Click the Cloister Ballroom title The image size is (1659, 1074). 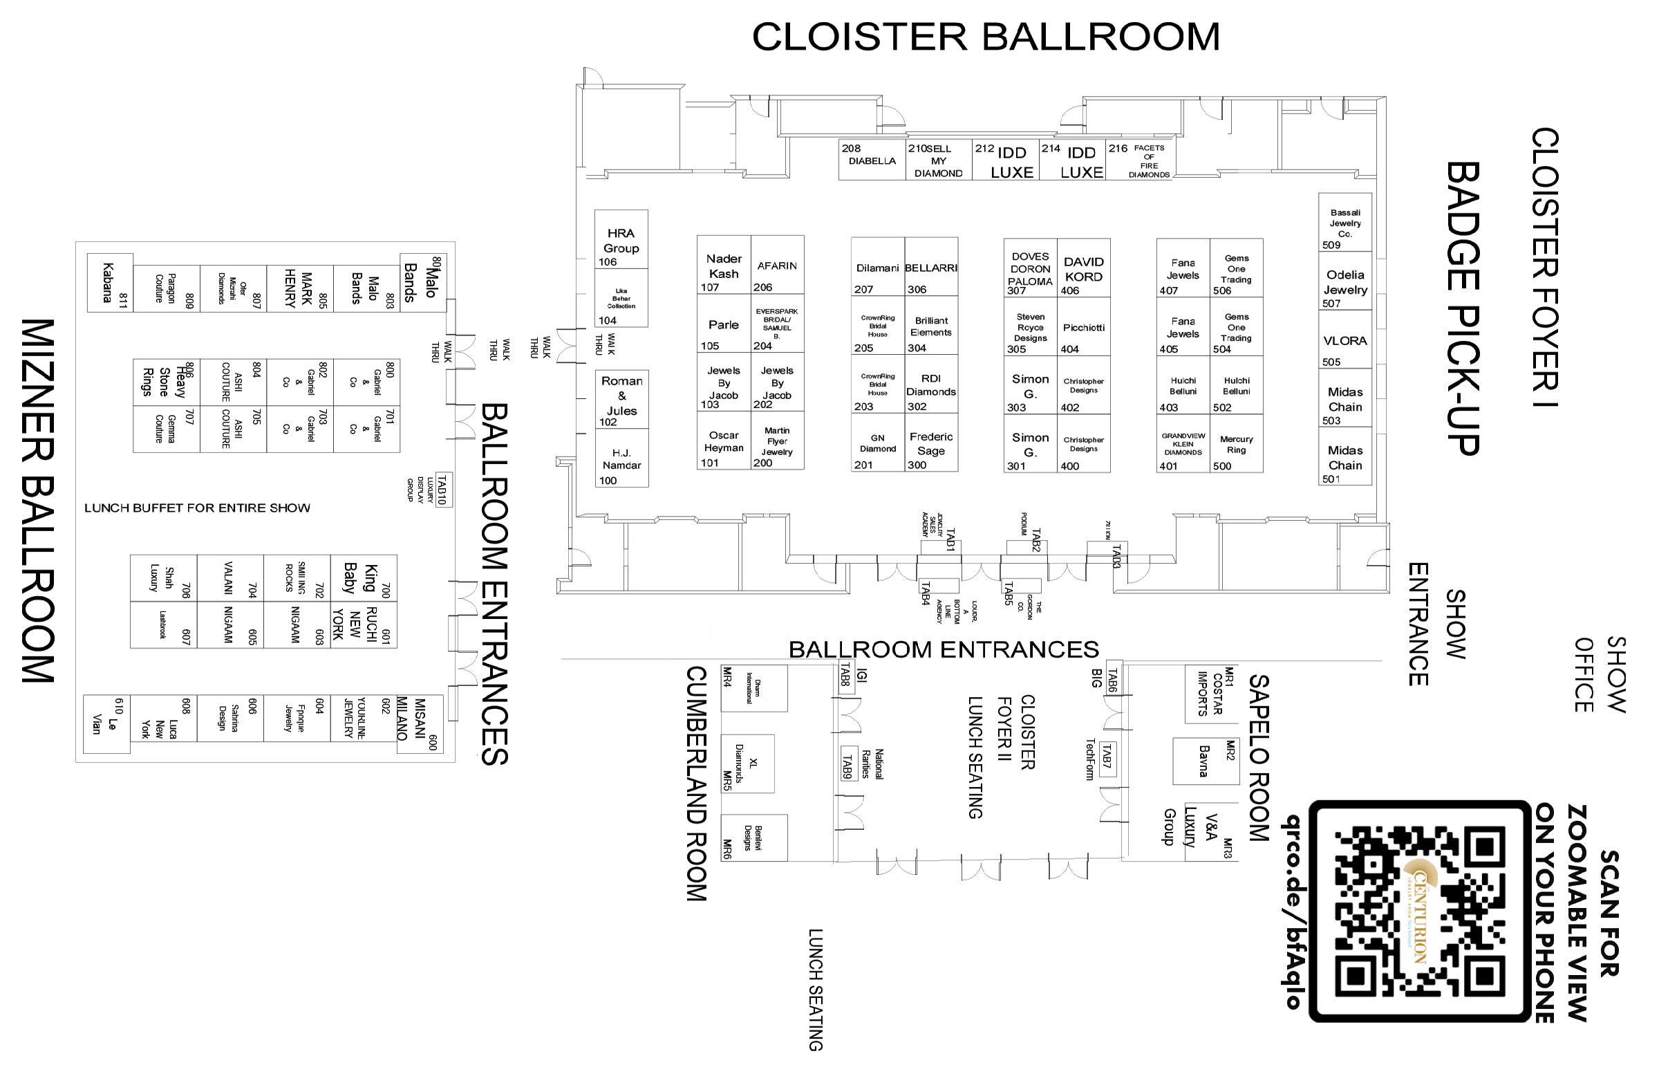pyautogui.click(x=986, y=36)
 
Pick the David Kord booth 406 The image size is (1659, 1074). pyautogui.click(x=1083, y=269)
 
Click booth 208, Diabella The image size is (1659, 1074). pyautogui.click(x=872, y=160)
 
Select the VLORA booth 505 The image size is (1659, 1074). pyautogui.click(x=1344, y=341)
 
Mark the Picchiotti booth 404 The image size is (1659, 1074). pyautogui.click(x=1083, y=328)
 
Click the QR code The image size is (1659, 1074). pyautogui.click(x=1419, y=911)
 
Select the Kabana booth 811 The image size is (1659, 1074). pyautogui.click(x=109, y=282)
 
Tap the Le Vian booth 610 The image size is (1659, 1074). pyautogui.click(x=106, y=724)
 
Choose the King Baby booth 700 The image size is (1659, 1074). pyautogui.click(x=363, y=578)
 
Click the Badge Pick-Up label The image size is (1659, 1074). pyautogui.click(x=1463, y=308)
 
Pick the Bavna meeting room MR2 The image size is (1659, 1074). pyautogui.click(x=1206, y=761)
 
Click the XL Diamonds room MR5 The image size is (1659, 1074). pyautogui.click(x=747, y=763)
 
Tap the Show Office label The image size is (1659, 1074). pyautogui.click(x=1600, y=674)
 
